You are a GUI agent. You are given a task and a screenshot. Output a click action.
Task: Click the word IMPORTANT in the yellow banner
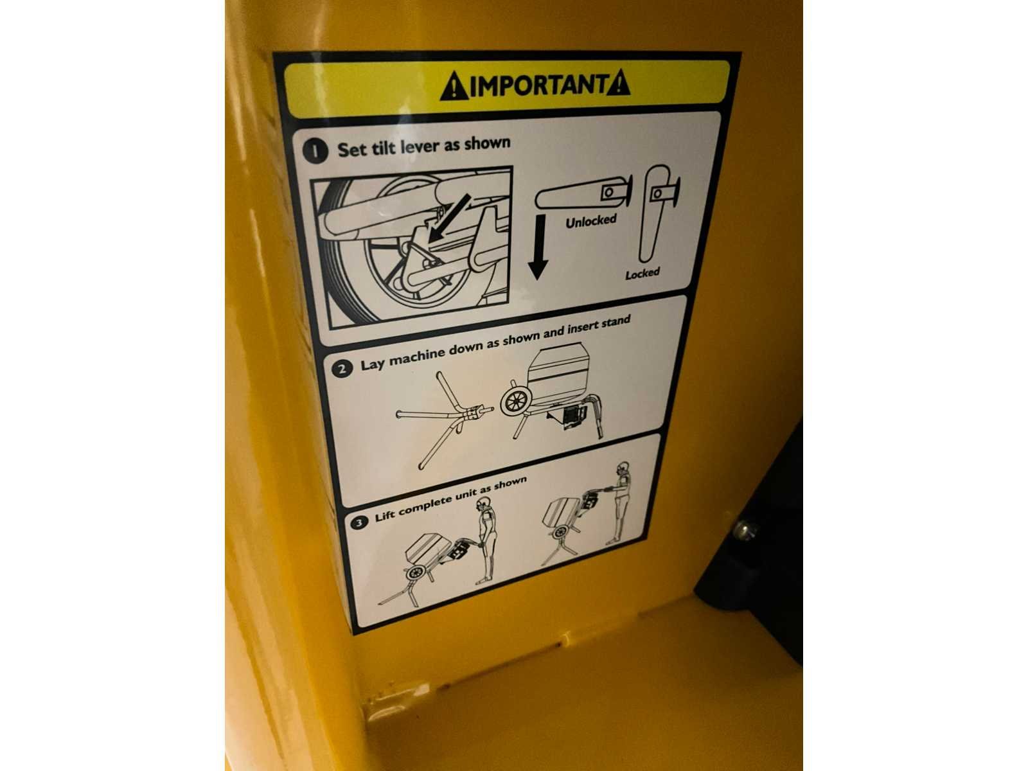(x=538, y=85)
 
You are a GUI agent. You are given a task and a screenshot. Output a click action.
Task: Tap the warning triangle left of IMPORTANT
(x=454, y=87)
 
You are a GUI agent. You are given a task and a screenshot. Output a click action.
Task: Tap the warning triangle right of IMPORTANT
(x=617, y=84)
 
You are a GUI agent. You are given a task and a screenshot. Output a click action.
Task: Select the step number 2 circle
(x=342, y=369)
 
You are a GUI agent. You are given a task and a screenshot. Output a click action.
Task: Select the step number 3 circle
(x=359, y=522)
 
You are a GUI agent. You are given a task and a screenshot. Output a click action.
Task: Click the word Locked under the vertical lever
(x=642, y=273)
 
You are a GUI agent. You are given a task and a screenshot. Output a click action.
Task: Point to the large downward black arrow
(x=538, y=247)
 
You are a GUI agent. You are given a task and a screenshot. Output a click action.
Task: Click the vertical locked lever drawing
(x=657, y=213)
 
